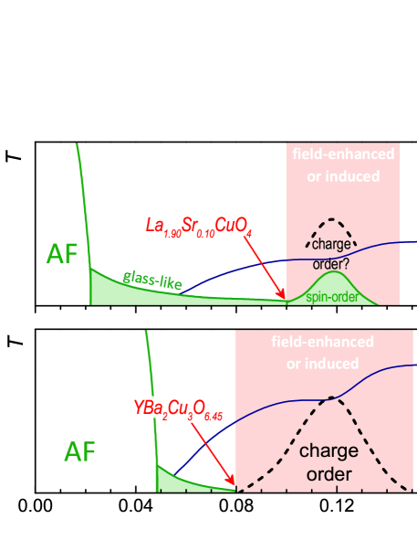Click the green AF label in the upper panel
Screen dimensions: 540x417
point(63,255)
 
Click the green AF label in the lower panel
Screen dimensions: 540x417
point(79,451)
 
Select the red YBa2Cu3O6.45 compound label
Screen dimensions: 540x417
point(178,408)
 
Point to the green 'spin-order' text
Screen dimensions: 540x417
point(332,296)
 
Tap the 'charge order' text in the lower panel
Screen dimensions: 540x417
point(328,462)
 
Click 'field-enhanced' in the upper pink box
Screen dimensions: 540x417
point(343,154)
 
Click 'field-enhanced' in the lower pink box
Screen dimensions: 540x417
point(322,342)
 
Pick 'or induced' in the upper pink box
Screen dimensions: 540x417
point(343,175)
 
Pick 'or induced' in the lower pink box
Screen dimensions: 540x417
point(322,363)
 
